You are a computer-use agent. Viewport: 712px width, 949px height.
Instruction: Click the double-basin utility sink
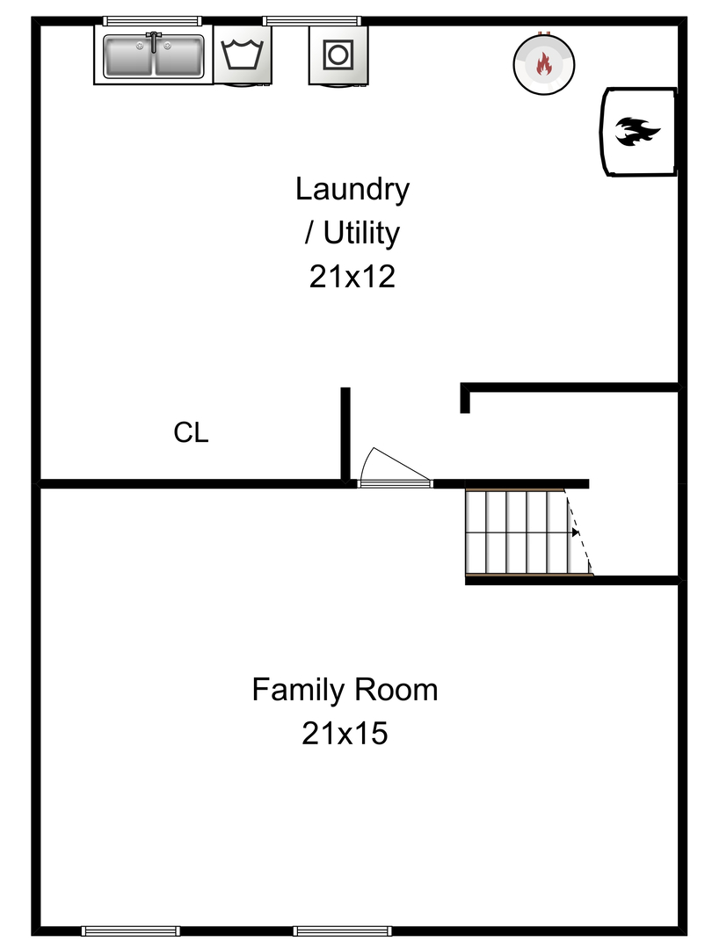[153, 55]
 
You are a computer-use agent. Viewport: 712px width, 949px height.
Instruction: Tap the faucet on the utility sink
[153, 40]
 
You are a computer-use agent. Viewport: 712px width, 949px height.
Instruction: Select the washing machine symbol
[242, 55]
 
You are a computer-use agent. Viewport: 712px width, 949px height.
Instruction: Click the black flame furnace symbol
[637, 132]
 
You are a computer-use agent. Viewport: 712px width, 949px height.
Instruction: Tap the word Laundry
[352, 189]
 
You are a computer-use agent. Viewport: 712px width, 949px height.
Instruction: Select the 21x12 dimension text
[352, 277]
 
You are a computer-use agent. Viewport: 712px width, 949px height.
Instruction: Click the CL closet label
[191, 433]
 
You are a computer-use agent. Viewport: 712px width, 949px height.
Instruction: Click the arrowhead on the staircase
[575, 532]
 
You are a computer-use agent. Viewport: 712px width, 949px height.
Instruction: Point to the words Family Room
[345, 690]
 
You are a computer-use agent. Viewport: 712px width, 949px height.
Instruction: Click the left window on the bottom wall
[130, 931]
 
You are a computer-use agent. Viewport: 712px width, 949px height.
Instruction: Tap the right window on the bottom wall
[343, 931]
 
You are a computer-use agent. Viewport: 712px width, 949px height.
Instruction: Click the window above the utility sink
[152, 20]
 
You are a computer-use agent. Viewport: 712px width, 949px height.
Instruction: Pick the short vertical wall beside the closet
[345, 435]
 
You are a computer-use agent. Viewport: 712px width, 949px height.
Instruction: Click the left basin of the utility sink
[130, 57]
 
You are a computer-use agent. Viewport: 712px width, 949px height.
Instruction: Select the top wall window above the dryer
[312, 20]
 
